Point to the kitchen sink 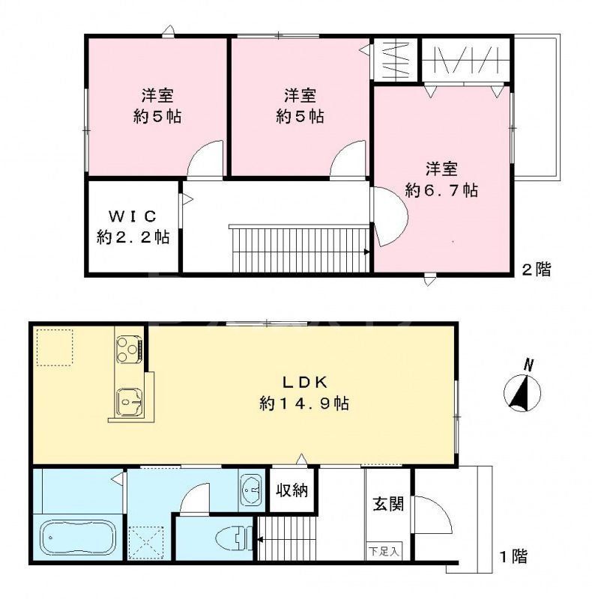pyautogui.click(x=127, y=403)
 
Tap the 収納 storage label pyautogui.click(x=292, y=491)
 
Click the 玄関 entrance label pyautogui.click(x=388, y=503)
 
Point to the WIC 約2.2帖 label pyautogui.click(x=133, y=227)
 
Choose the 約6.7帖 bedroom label pyautogui.click(x=442, y=180)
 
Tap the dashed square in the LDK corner pyautogui.click(x=55, y=347)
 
